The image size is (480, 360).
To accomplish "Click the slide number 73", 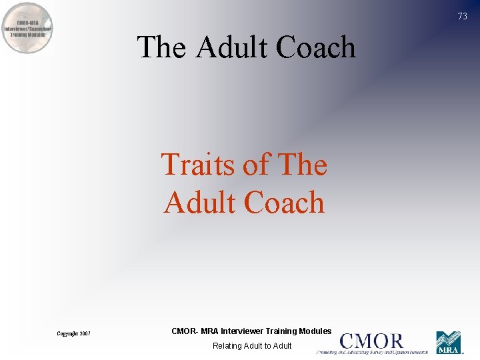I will (463, 17).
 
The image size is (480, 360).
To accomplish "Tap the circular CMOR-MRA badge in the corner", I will (28, 27).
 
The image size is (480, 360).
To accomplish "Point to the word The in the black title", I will (161, 47).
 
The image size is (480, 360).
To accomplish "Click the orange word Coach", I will (285, 202).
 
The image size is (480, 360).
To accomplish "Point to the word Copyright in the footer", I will (68, 333).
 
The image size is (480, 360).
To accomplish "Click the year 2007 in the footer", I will (85, 333).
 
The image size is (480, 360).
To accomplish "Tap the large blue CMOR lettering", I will (371, 341).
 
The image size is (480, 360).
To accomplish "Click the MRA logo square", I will (449, 343).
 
